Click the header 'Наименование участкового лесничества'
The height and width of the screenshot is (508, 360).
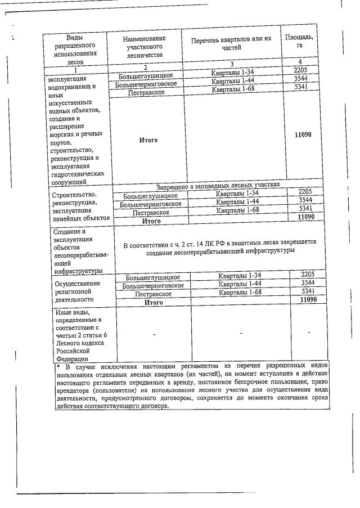(x=145, y=47)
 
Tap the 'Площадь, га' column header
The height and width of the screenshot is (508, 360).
(x=299, y=41)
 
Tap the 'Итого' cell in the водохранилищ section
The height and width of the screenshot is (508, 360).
(x=148, y=140)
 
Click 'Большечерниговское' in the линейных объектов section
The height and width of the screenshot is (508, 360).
(x=150, y=204)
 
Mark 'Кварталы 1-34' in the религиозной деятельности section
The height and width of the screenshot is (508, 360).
(x=241, y=275)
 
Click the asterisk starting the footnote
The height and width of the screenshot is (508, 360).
(x=58, y=367)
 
